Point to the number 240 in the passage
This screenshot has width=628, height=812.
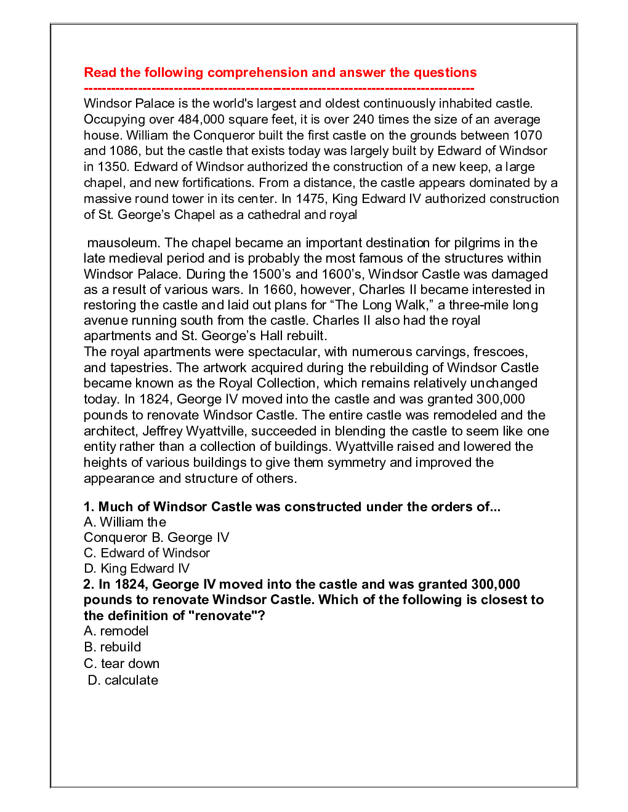(x=363, y=119)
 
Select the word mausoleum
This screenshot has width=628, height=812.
(x=123, y=243)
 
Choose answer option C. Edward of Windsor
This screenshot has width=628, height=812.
(x=147, y=553)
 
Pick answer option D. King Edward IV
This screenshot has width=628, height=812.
(x=137, y=568)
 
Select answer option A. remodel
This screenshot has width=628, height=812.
(x=116, y=631)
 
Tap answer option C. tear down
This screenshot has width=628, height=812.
(x=121, y=664)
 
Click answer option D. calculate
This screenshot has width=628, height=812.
(x=123, y=680)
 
